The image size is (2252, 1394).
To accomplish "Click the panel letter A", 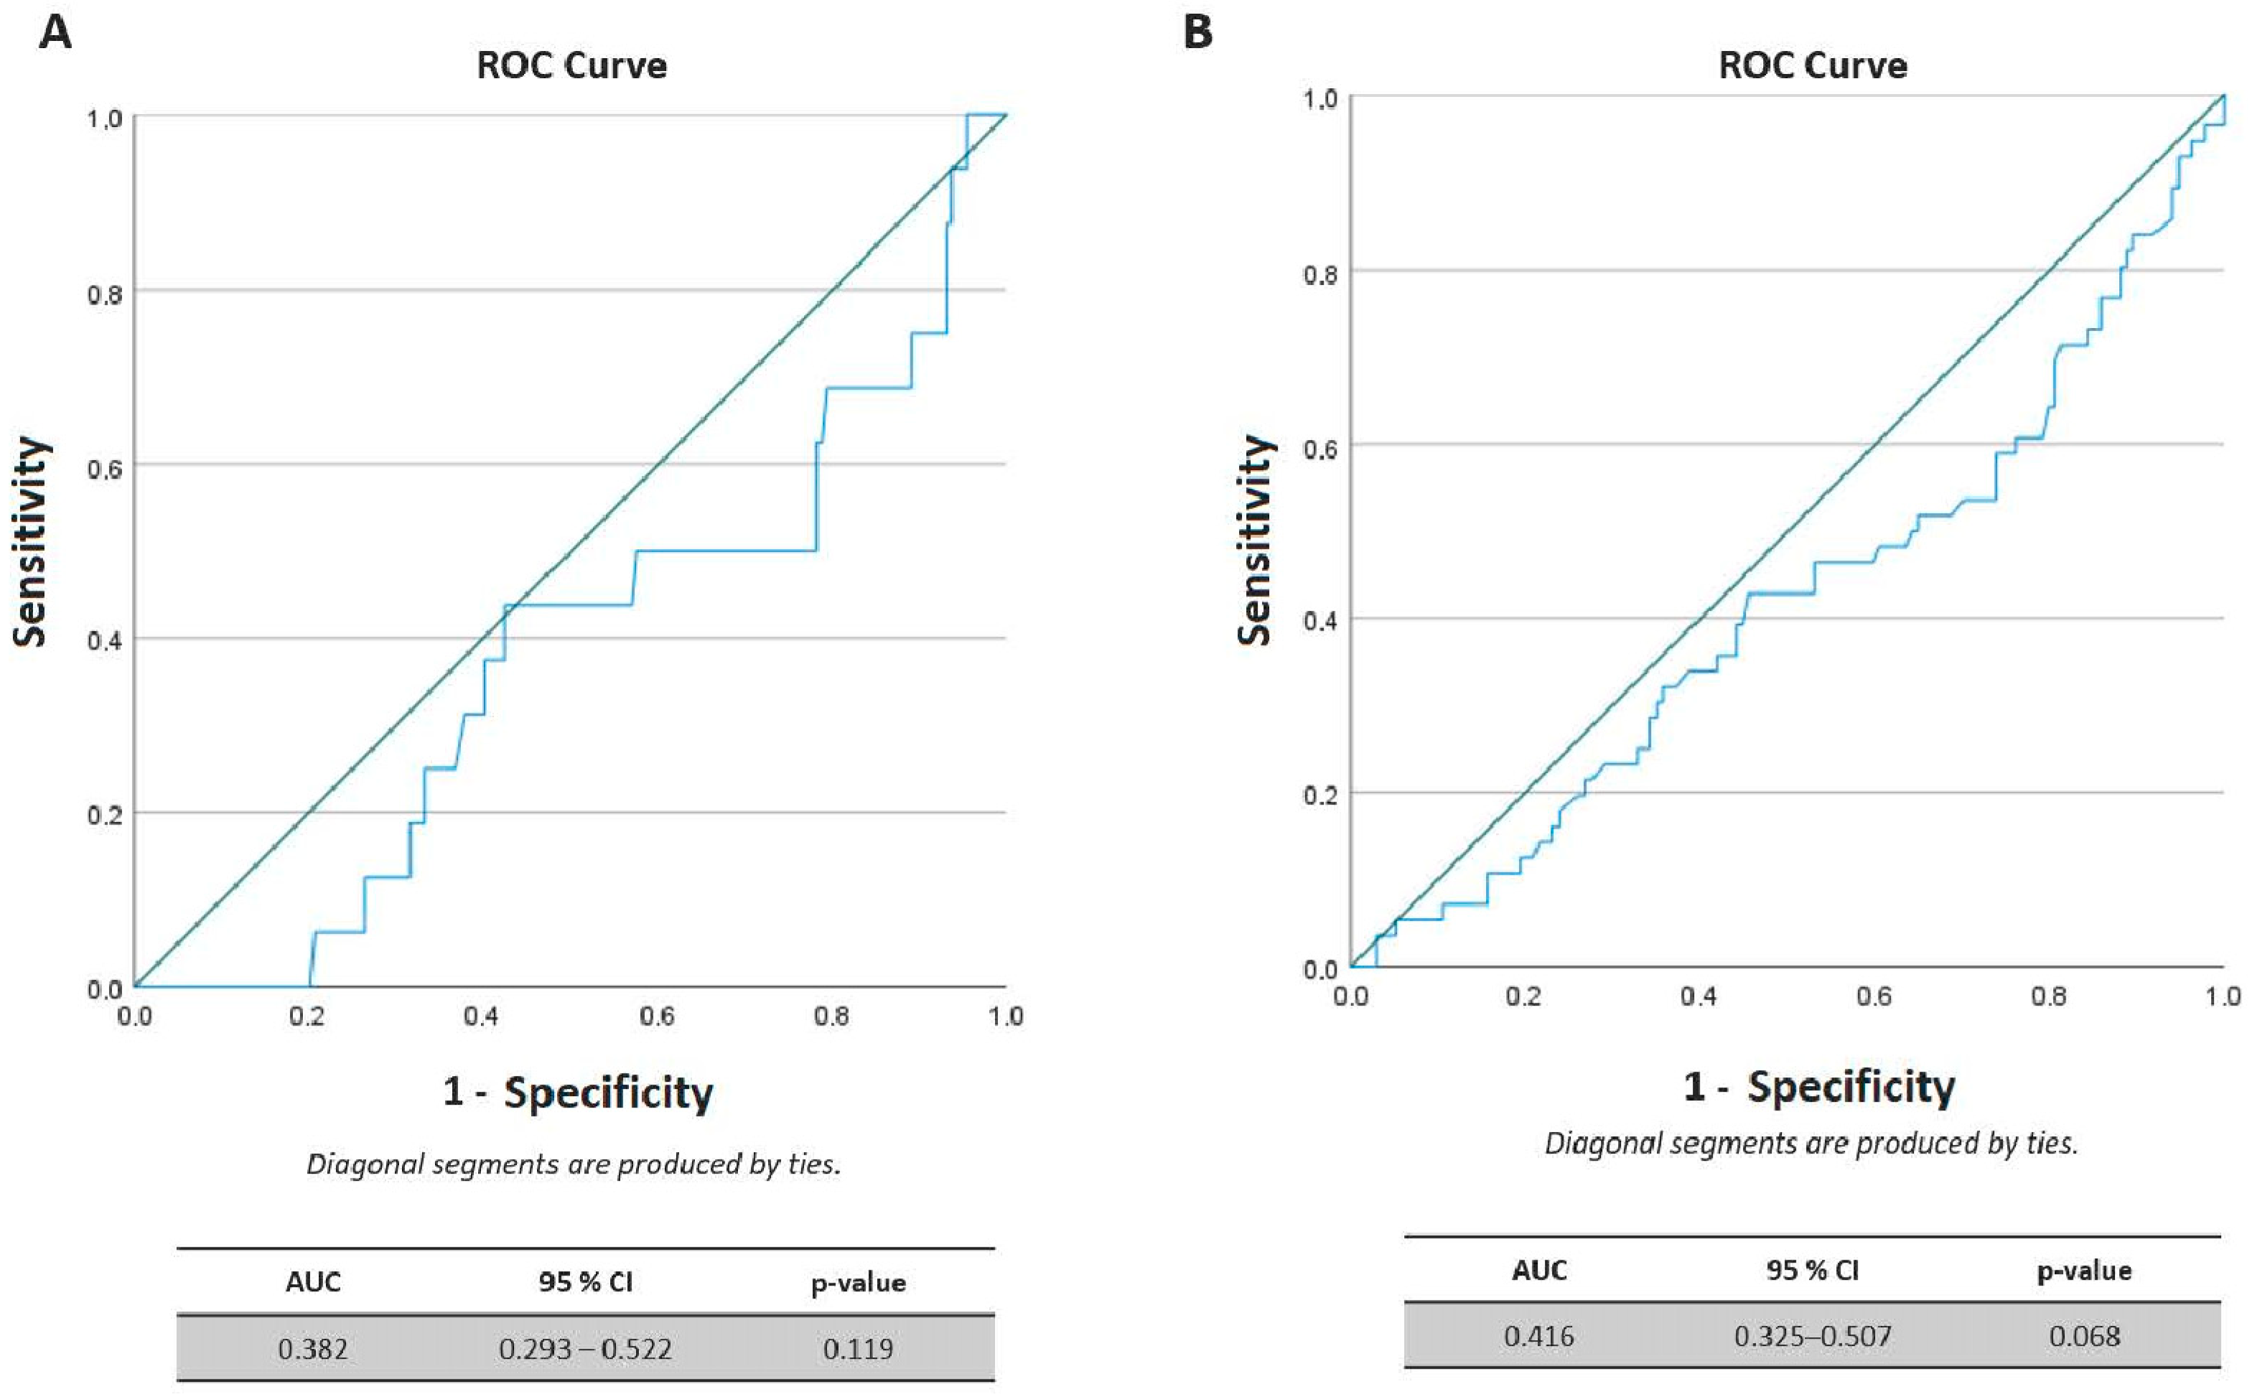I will (x=55, y=34).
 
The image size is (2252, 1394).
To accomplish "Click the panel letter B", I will (x=1197, y=34).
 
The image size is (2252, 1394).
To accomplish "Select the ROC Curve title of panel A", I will (x=571, y=66).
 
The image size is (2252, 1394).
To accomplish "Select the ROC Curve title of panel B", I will (x=1812, y=66).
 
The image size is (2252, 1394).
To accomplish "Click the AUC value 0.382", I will (x=312, y=1349).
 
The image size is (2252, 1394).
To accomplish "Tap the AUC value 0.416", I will (x=1538, y=1336).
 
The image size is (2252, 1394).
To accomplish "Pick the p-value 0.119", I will (x=857, y=1349).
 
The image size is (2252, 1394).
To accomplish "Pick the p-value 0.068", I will (x=2084, y=1336).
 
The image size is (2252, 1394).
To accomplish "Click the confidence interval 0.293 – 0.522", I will (x=585, y=1349).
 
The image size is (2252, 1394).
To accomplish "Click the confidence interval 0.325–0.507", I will (x=1812, y=1336).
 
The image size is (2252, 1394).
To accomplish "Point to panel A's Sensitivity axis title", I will (x=30, y=542).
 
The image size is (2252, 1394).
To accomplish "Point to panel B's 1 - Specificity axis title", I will (x=1818, y=1087).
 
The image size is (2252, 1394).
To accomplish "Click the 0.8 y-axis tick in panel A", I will (x=104, y=295).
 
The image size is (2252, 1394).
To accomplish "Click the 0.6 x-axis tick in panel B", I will (x=1873, y=996).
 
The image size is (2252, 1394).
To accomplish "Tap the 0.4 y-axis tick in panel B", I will (x=1320, y=620).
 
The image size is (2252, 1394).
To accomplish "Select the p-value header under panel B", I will (x=2084, y=1271).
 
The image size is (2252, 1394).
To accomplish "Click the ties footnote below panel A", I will (x=574, y=1164).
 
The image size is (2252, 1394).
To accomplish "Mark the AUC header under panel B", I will (x=1538, y=1271).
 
